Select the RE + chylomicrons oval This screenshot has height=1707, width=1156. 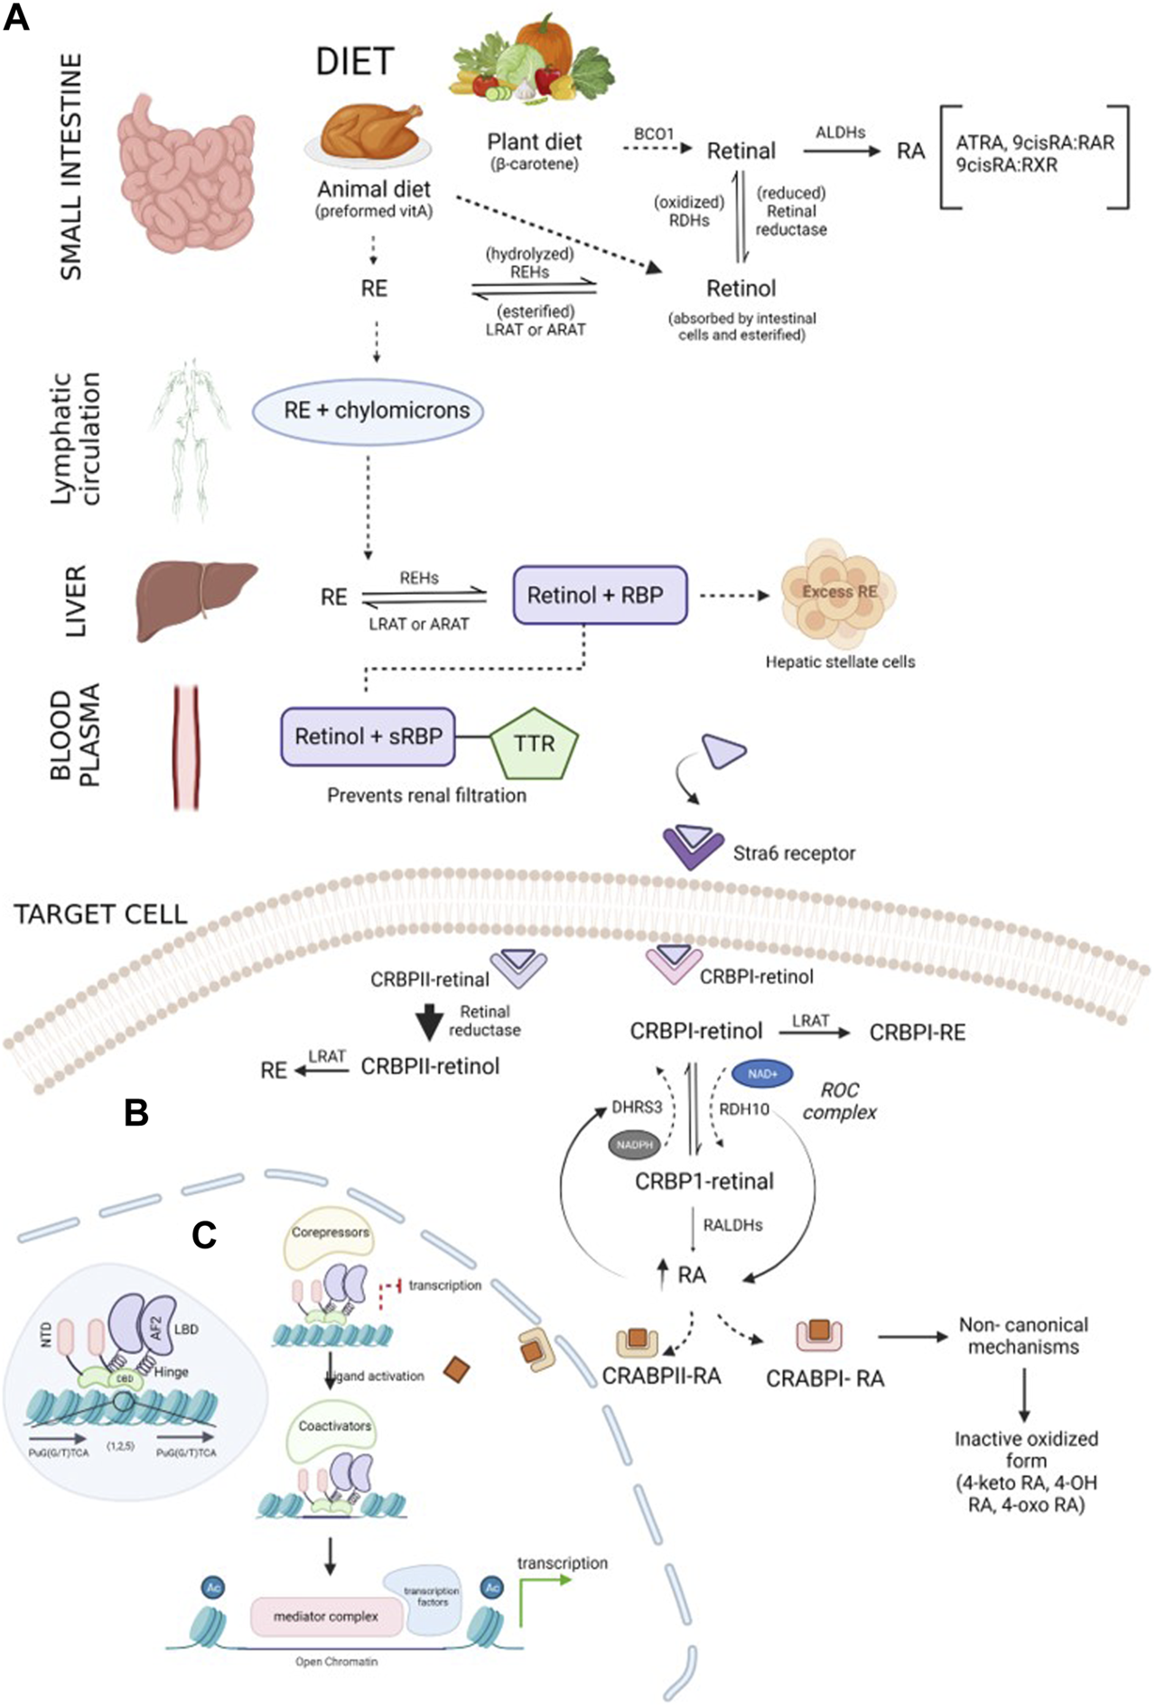[368, 411]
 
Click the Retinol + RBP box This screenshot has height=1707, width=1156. [600, 596]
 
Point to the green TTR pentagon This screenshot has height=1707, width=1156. [534, 744]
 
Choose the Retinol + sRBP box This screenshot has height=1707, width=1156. [368, 737]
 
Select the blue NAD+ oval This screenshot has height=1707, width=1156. [762, 1074]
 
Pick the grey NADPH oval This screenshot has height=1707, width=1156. [634, 1145]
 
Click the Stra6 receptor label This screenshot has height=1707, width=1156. [794, 853]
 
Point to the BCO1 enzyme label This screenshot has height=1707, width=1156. [654, 134]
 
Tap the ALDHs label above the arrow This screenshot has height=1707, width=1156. [840, 132]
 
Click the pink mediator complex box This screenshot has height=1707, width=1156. [326, 1616]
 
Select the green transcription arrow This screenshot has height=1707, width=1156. [542, 1596]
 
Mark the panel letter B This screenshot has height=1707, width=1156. [136, 1113]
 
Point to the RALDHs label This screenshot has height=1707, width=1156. [732, 1225]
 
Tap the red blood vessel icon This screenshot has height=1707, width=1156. [186, 747]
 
